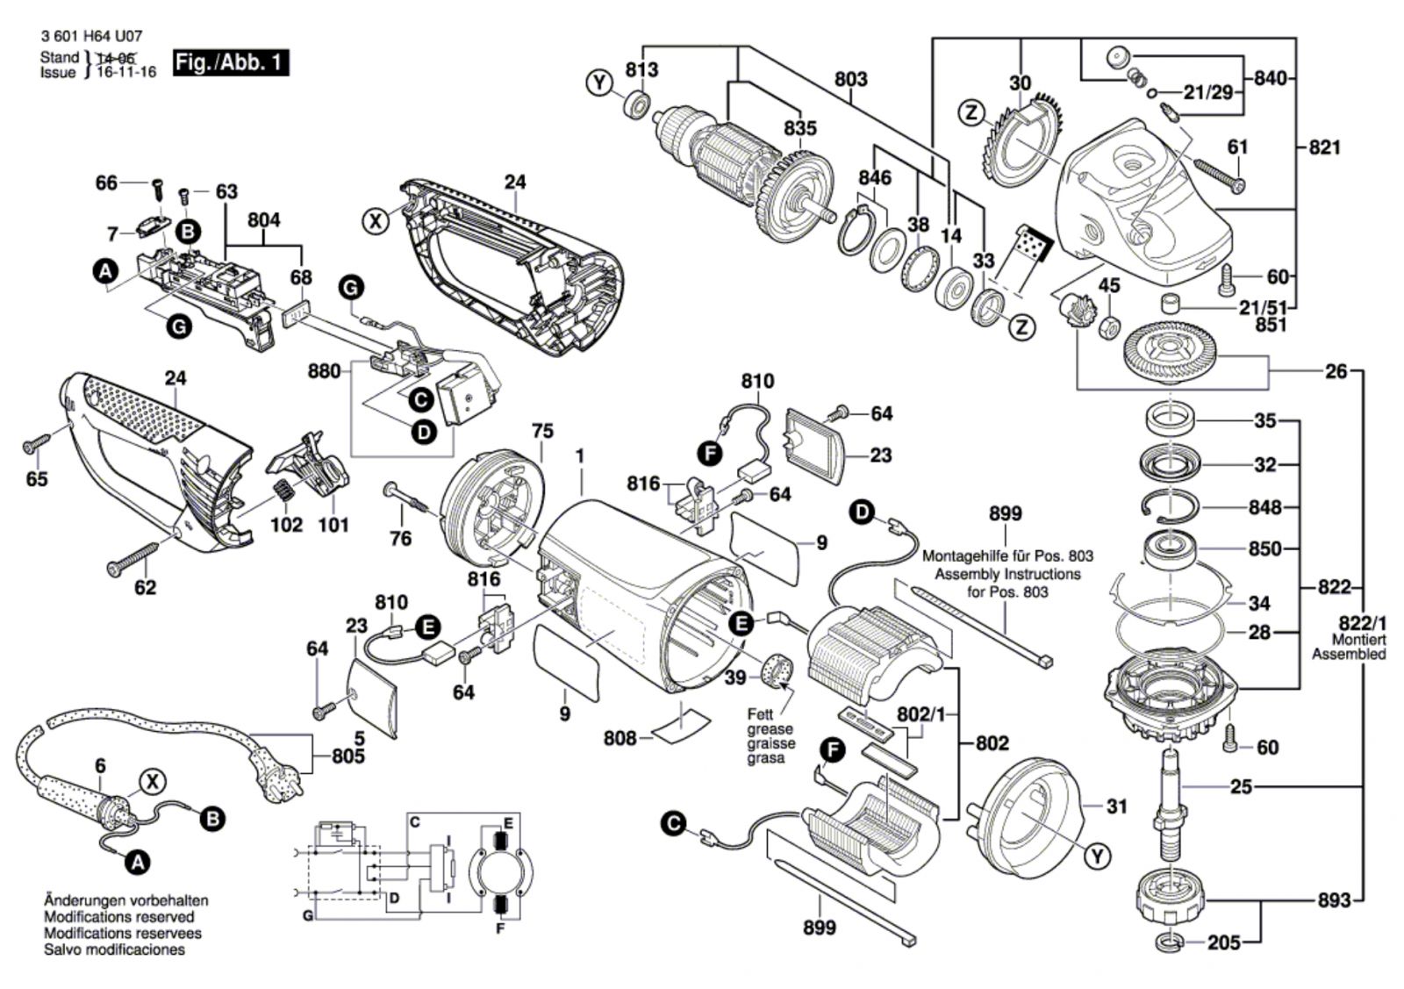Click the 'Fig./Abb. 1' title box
[231, 63]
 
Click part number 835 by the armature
[799, 128]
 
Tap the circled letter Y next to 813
[599, 83]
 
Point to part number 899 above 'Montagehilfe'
[1005, 514]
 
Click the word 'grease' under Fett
[770, 729]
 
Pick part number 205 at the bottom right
[1223, 942]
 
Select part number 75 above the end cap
[543, 431]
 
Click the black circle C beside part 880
[421, 400]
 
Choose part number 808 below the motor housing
[620, 738]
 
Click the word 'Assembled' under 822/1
[1349, 654]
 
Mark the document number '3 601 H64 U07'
[90, 38]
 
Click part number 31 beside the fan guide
[1115, 806]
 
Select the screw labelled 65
[36, 447]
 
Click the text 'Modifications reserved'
[119, 917]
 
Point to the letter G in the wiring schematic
[308, 916]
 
